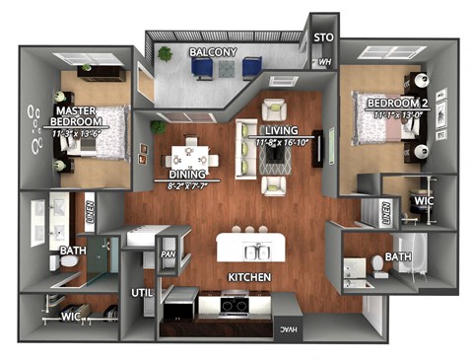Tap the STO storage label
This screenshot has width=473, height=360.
(323, 37)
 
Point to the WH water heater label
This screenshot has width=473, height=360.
(324, 62)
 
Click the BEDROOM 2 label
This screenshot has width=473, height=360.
(396, 103)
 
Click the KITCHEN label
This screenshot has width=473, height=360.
(249, 278)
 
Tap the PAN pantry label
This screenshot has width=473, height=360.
(168, 254)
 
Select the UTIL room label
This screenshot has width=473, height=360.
(140, 292)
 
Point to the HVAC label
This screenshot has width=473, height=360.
(285, 328)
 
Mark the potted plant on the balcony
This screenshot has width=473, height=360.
(165, 54)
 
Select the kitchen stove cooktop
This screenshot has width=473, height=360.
(234, 307)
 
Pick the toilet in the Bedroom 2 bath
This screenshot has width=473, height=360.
(377, 265)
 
